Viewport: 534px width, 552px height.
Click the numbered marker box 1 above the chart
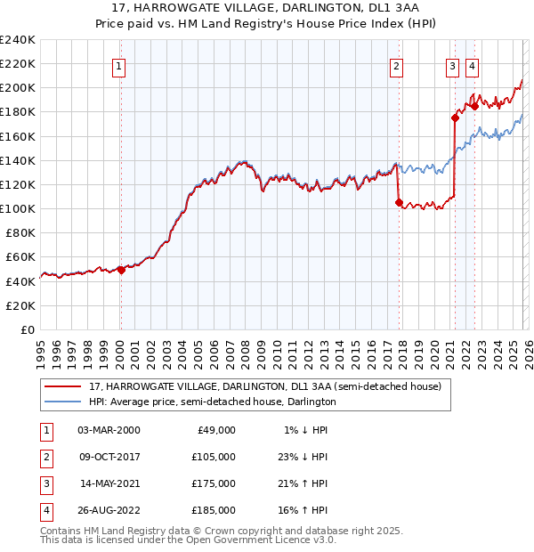[x=119, y=65]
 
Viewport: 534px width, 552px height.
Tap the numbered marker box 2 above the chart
[x=396, y=65]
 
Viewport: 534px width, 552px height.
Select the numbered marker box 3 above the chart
[x=452, y=65]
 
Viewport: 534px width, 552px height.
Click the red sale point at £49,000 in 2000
[x=122, y=271]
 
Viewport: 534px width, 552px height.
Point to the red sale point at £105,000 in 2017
[x=399, y=202]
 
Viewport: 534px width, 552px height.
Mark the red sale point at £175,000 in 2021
[x=455, y=118]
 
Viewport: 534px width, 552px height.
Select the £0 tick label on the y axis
[x=26, y=329]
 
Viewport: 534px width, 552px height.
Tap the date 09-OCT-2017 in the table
[x=109, y=457]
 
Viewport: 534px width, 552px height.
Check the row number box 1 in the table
[x=45, y=430]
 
